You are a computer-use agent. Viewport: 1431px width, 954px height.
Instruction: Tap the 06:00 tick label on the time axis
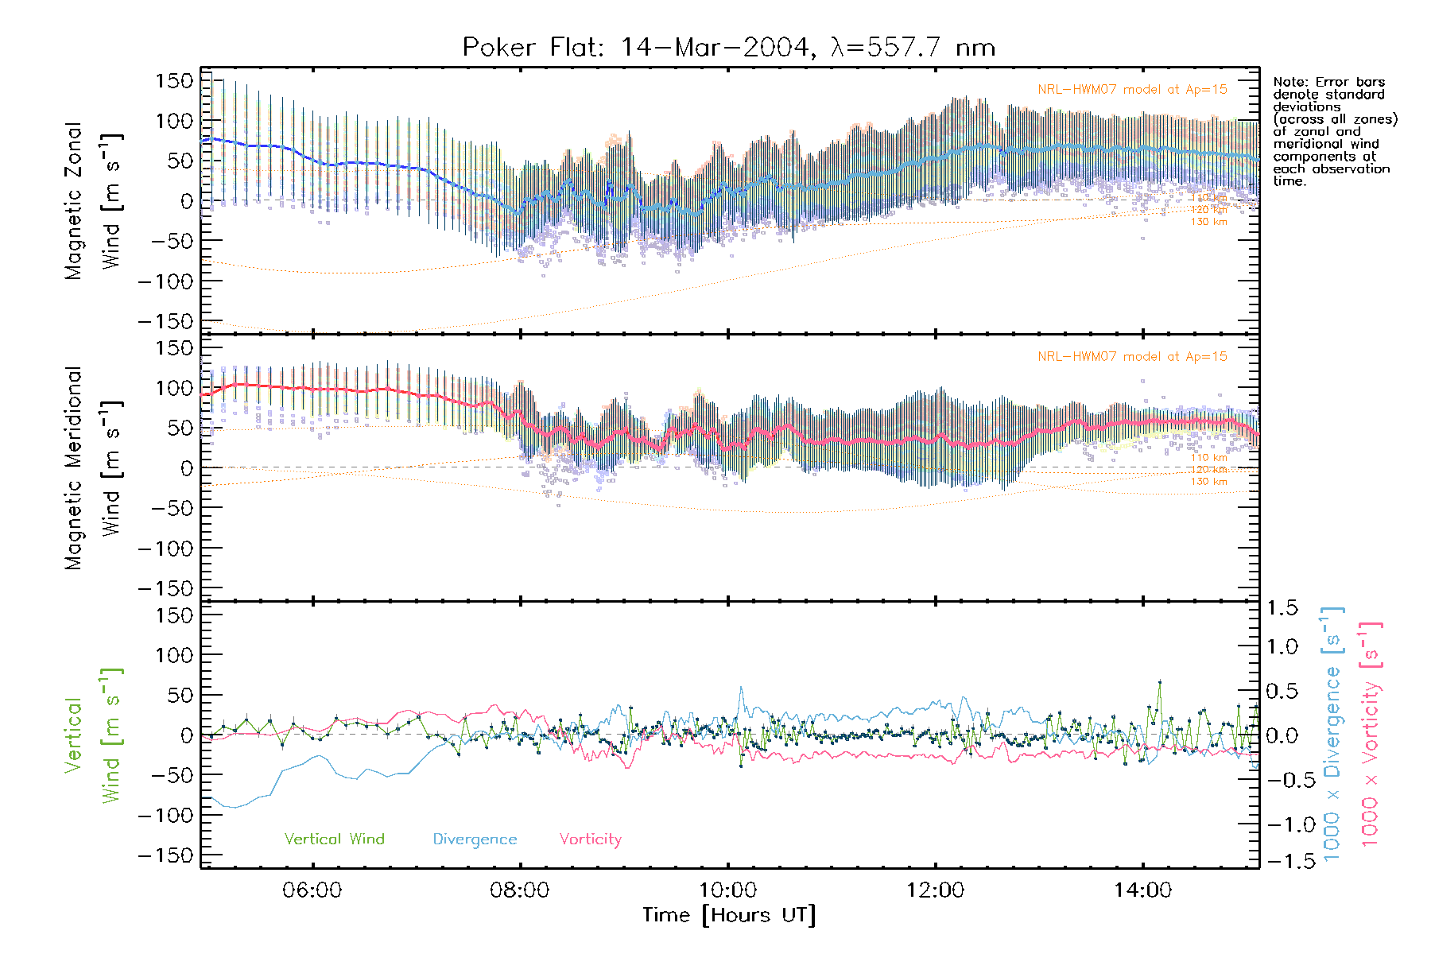312,890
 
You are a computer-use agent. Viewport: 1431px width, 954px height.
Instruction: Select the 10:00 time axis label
727,890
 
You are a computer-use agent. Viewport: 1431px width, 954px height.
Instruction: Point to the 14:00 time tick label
1142,890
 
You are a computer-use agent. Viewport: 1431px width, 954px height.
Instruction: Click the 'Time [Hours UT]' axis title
728,915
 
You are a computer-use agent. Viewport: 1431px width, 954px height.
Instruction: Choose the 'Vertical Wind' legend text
334,839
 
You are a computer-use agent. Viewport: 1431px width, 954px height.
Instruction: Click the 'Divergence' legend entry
475,840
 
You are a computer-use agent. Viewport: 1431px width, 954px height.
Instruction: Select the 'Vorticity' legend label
590,839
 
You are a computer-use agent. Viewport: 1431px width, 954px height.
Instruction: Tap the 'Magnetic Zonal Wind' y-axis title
91,200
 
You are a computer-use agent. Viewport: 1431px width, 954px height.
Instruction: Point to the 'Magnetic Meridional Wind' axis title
91,467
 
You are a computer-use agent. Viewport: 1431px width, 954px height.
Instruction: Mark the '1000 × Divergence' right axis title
1332,734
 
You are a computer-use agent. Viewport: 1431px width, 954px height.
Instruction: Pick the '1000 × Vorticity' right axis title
1370,734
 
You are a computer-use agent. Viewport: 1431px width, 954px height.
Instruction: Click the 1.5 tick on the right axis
1282,608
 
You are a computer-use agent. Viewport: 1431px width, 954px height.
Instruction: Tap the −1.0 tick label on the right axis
1282,824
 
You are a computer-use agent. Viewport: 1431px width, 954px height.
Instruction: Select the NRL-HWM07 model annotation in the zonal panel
1132,90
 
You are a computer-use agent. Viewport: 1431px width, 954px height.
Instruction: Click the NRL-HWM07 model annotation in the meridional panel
1132,357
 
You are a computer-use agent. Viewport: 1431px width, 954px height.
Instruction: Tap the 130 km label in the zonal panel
1208,222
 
